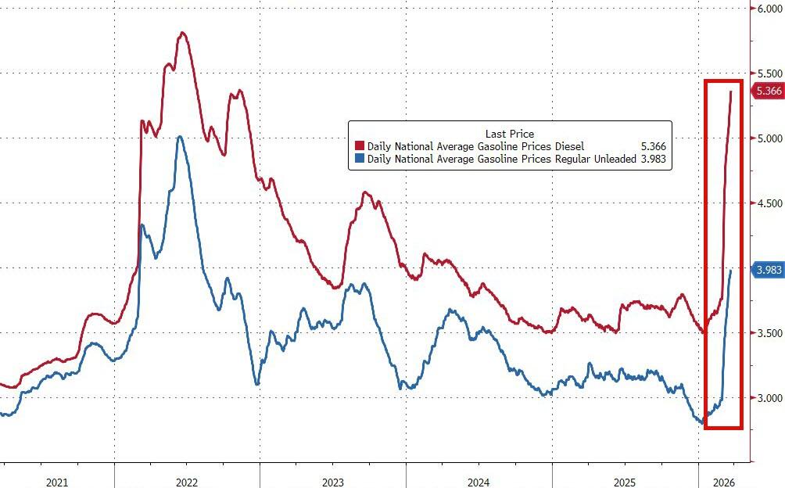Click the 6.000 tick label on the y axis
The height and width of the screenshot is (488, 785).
767,9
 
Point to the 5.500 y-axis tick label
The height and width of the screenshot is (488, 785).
767,74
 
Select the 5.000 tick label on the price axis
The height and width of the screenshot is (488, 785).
767,138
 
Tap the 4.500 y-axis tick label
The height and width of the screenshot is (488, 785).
767,203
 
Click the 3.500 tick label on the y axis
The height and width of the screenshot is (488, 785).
767,333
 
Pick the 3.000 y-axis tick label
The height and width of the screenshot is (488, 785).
767,398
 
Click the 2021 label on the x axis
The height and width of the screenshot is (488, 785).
56,482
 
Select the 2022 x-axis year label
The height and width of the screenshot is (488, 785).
186,482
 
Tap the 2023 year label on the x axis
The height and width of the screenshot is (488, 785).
332,482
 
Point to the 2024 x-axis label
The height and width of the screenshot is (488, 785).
479,482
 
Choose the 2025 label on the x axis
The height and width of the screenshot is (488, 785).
625,482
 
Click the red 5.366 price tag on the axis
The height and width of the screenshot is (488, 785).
768,91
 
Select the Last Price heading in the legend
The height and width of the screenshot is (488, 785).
509,134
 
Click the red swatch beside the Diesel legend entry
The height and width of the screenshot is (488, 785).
359,146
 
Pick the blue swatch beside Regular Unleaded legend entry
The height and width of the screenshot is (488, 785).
359,159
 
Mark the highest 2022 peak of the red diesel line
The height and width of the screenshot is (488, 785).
182,33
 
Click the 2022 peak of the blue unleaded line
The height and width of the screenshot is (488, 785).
179,137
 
